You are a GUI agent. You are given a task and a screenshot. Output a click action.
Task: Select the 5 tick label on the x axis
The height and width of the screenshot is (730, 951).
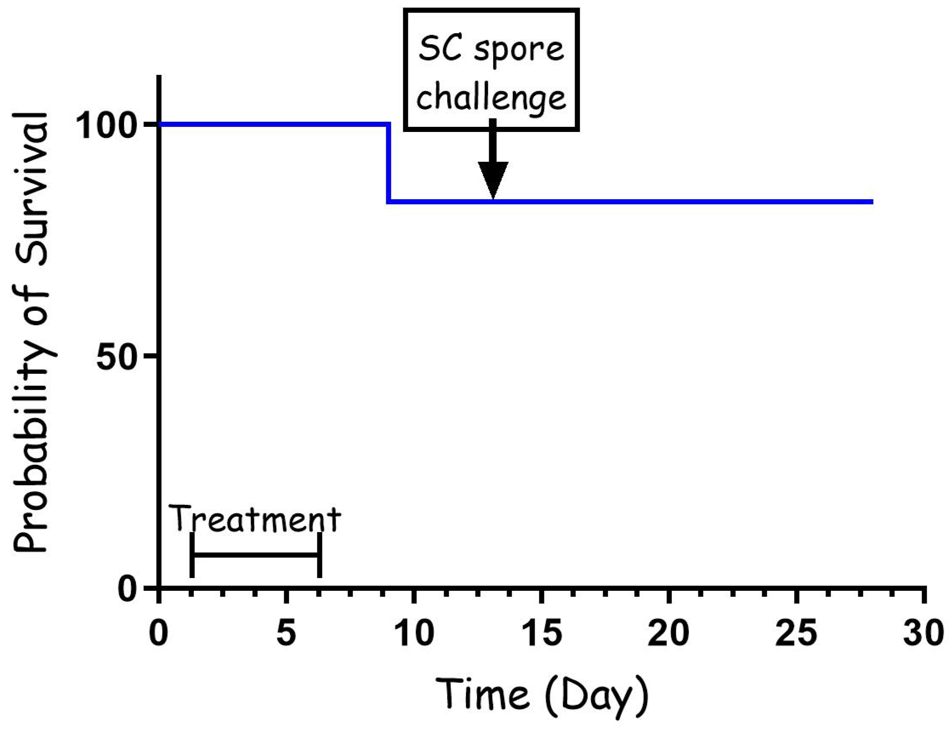click(x=286, y=633)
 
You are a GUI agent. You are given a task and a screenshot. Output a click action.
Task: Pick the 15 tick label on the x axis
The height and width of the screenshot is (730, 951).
click(x=542, y=633)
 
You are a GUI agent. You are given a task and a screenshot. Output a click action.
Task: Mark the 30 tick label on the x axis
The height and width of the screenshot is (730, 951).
click(x=924, y=633)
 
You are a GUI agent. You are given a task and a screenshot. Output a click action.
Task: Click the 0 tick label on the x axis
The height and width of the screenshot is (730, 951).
click(x=159, y=633)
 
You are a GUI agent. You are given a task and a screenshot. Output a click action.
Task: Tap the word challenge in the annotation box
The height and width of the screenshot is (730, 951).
click(x=491, y=98)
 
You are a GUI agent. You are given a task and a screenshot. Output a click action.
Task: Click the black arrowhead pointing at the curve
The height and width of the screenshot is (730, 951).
click(x=493, y=179)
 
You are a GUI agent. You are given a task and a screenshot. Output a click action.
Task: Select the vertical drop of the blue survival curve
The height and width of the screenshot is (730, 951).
click(x=388, y=163)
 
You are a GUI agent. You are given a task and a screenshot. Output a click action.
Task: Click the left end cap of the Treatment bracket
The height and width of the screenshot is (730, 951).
click(x=192, y=555)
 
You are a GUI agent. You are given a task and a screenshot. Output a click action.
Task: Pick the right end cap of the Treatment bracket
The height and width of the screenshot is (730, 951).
click(x=319, y=555)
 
